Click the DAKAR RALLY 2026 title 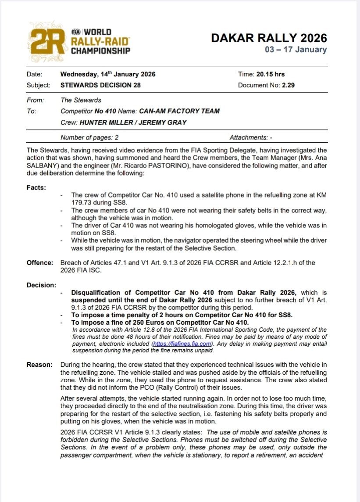269,38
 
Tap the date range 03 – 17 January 296,50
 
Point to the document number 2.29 288,85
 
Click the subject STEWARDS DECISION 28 100,85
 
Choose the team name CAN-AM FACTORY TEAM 179,111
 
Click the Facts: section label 36,187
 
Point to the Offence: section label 40,263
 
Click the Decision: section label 41,285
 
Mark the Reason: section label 39,364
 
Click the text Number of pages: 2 89,137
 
